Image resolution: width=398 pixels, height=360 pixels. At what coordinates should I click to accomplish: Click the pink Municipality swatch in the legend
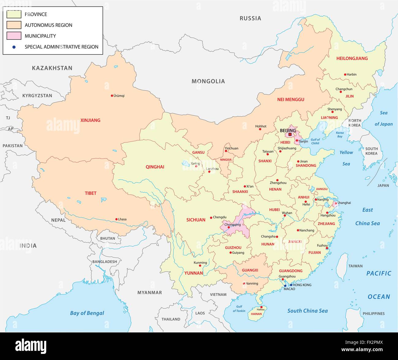[x=14, y=36]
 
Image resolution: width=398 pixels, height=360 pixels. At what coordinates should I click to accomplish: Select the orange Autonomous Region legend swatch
[x=14, y=25]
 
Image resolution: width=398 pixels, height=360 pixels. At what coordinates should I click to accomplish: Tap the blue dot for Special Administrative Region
[x=14, y=47]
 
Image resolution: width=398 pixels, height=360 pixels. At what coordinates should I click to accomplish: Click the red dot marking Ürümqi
[x=112, y=96]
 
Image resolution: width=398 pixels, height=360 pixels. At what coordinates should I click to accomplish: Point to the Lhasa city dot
[x=116, y=219]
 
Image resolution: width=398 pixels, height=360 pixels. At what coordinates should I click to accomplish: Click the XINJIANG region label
[x=90, y=120]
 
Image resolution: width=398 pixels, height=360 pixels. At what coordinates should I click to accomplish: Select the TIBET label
[x=91, y=193]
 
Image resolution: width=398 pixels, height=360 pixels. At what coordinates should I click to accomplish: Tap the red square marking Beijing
[x=290, y=134]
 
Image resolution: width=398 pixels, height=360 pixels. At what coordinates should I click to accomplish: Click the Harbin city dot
[x=345, y=74]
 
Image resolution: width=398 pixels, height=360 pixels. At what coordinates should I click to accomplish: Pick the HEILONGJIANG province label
[x=352, y=58]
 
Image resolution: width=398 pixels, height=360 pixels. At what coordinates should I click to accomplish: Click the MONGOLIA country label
[x=208, y=81]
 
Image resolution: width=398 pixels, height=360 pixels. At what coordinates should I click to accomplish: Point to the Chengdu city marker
[x=211, y=218]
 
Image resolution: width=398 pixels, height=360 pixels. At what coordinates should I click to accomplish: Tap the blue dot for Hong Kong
[x=291, y=285]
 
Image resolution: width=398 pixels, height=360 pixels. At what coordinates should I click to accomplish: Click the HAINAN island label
[x=256, y=314]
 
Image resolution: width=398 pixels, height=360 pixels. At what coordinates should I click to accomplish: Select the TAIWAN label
[x=355, y=266]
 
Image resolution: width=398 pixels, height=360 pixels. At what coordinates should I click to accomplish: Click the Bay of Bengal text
[x=87, y=313]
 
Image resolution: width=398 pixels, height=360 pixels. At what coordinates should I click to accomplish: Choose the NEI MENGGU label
[x=291, y=99]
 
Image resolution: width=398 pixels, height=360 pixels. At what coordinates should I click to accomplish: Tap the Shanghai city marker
[x=336, y=203]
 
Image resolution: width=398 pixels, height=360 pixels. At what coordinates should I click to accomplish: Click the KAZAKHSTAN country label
[x=52, y=68]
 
